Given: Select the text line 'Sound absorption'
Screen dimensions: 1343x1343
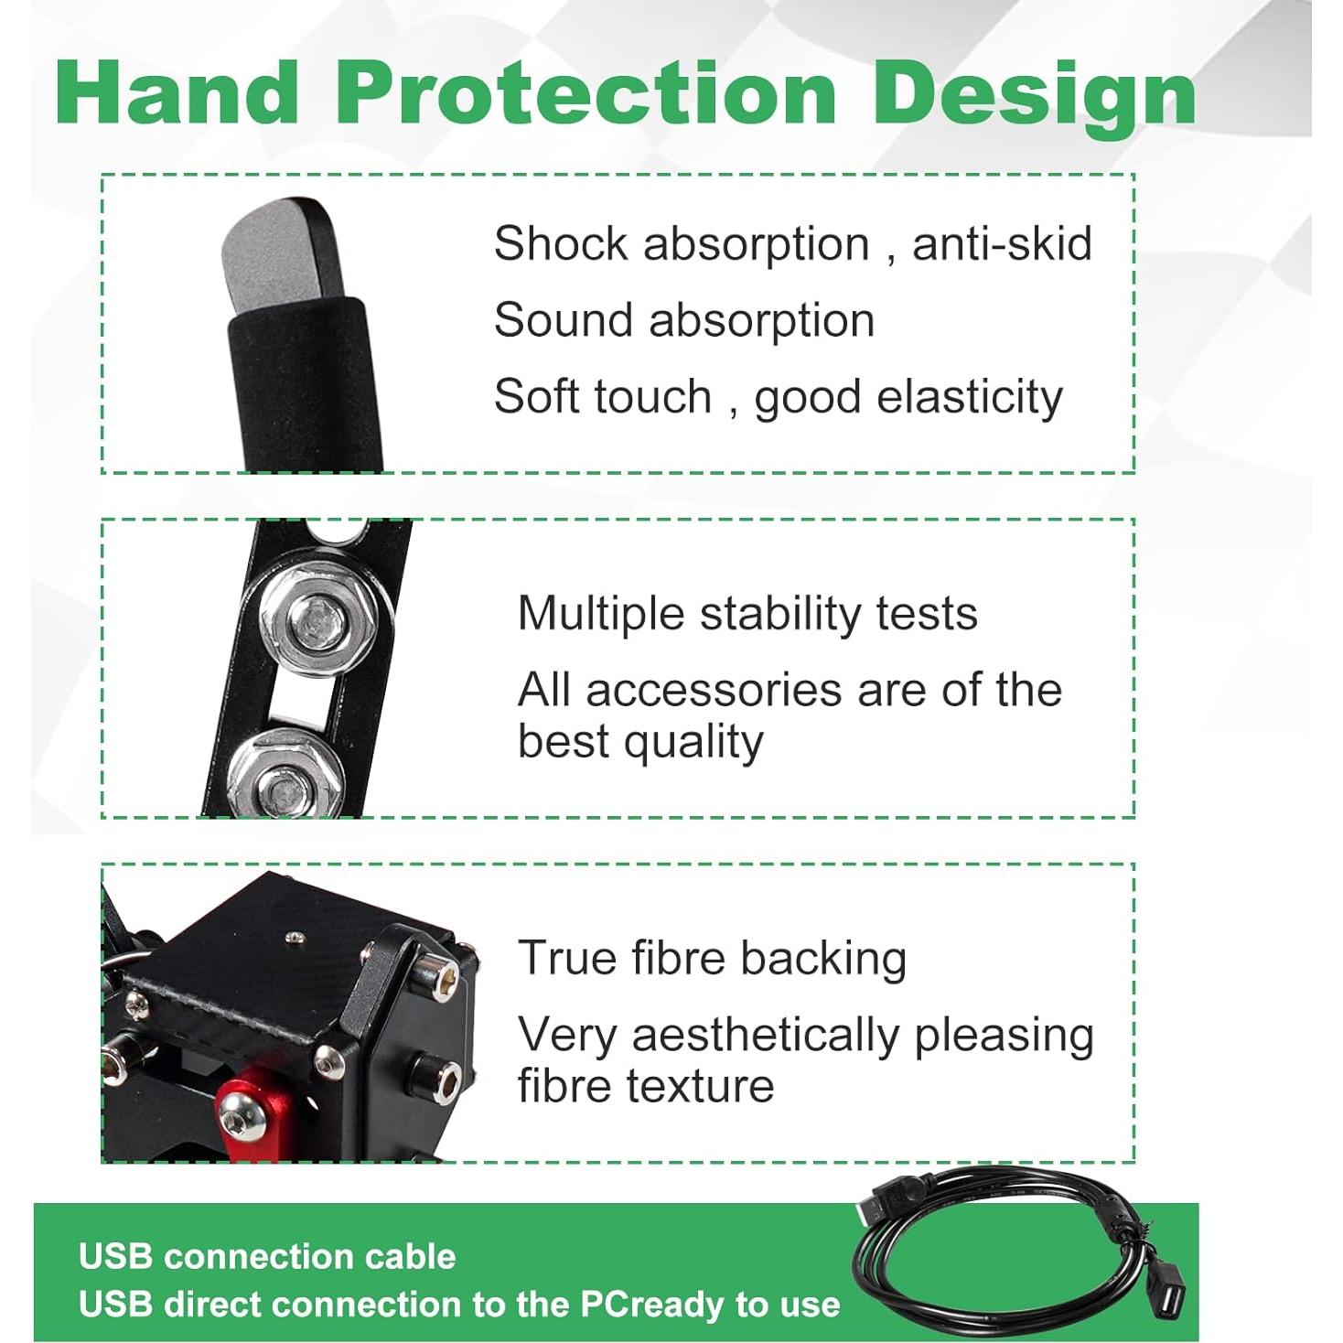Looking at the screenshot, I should pos(683,320).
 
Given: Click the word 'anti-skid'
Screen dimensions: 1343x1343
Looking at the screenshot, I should pos(1002,244).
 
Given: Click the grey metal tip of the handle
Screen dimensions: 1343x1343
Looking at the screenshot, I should pos(274,252).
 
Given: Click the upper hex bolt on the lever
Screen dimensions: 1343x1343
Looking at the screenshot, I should pos(317,622).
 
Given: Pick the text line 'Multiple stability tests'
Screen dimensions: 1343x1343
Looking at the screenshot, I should pos(747,613).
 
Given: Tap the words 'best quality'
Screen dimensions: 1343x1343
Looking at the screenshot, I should pos(639,742).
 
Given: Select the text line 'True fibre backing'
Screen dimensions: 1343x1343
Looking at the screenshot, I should pos(711,959).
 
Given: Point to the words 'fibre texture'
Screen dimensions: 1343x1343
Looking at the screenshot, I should pos(645,1086).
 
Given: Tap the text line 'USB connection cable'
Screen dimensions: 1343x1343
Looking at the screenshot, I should pos(266,1257).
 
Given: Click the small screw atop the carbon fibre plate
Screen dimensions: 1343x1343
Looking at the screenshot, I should pos(294,936).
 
